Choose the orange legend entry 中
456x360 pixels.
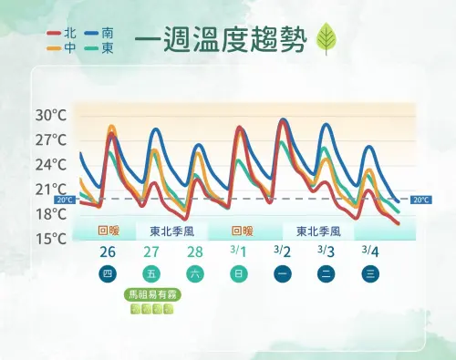coord(62,47)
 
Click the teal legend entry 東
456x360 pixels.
coord(98,47)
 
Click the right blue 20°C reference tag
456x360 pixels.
coord(420,200)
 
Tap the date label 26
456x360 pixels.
coord(108,252)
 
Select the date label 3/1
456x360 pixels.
coord(238,252)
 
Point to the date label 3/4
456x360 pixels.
coord(369,252)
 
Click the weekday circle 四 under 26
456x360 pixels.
coord(108,273)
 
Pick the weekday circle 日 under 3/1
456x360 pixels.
coord(238,273)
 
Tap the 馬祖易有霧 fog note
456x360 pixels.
coord(150,295)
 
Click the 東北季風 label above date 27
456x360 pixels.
coord(172,231)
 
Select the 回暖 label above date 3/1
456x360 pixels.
coord(242,231)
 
